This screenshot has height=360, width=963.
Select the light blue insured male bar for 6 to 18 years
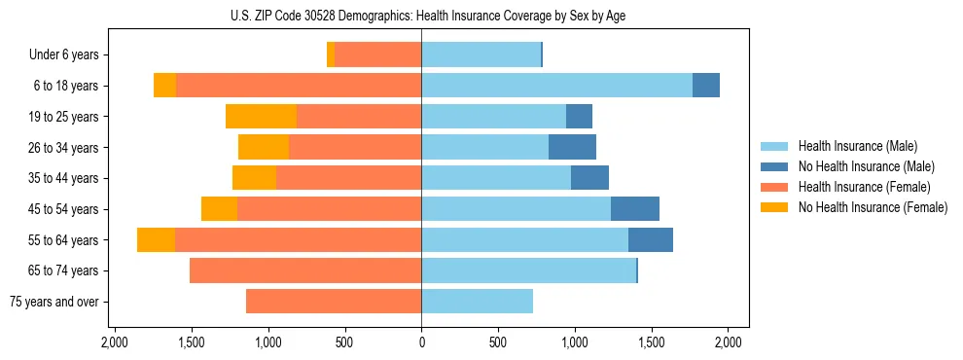click(556, 86)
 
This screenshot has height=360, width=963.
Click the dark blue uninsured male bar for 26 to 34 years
click(572, 147)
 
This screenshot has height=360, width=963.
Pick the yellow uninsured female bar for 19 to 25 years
click(261, 117)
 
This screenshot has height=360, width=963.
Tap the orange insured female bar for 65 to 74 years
click(305, 270)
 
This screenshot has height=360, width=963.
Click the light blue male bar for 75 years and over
click(477, 301)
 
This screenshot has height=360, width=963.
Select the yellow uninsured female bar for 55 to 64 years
click(156, 239)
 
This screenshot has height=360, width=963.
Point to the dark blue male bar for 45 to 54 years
click(635, 208)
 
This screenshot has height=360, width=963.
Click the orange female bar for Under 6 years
click(377, 54)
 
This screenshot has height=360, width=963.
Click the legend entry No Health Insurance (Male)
click(859, 166)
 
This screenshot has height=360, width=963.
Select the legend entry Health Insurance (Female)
click(858, 187)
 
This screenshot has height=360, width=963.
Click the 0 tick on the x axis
click(421, 342)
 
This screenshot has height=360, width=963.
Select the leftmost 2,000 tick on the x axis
click(114, 342)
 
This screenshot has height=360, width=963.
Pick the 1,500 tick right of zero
click(652, 342)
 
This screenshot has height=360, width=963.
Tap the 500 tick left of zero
click(344, 342)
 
